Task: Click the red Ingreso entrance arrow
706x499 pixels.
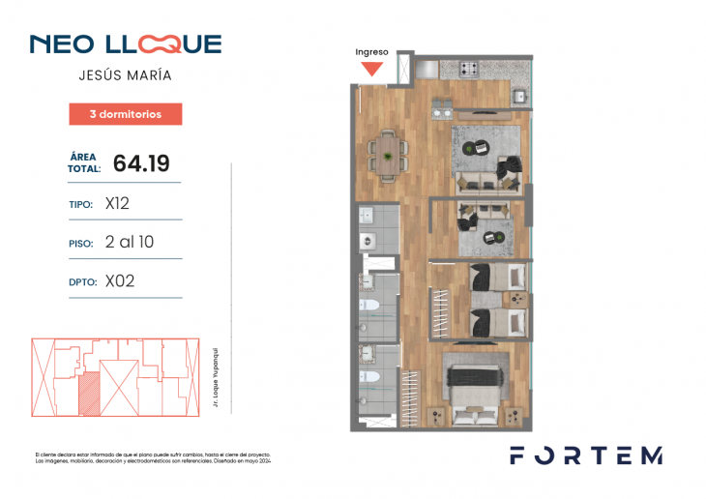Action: pos(371,69)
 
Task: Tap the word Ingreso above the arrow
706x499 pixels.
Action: pos(371,52)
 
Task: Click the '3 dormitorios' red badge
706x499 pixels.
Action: pos(126,114)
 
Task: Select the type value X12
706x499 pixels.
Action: pos(117,204)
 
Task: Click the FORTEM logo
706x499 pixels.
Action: pos(586,455)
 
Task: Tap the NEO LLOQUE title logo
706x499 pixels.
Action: pos(126,44)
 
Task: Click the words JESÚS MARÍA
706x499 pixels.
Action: pos(126,74)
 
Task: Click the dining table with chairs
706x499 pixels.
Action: pos(387,154)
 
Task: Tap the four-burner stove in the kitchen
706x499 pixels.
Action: pos(470,69)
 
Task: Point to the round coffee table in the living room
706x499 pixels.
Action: pos(473,147)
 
